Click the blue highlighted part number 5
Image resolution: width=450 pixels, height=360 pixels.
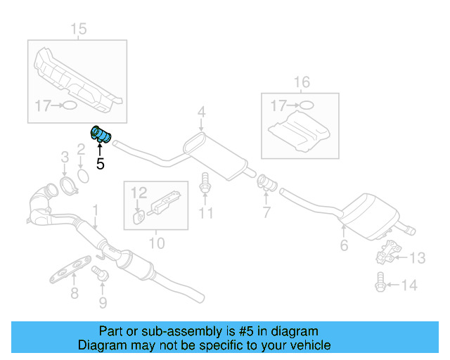[x=103, y=134]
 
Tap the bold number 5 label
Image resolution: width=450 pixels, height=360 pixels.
[x=100, y=165]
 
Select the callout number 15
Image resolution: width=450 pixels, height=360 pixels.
[x=78, y=29]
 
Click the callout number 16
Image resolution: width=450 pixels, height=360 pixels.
[x=301, y=82]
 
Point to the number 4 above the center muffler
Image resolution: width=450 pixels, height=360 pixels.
[x=201, y=112]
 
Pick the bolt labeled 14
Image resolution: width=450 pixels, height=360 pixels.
[x=379, y=285]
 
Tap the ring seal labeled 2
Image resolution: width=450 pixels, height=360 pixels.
[x=82, y=174]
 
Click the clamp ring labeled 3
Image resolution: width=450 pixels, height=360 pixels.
[x=67, y=186]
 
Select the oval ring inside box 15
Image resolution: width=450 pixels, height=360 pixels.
[x=70, y=106]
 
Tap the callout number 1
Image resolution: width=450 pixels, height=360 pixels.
[x=96, y=209]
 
